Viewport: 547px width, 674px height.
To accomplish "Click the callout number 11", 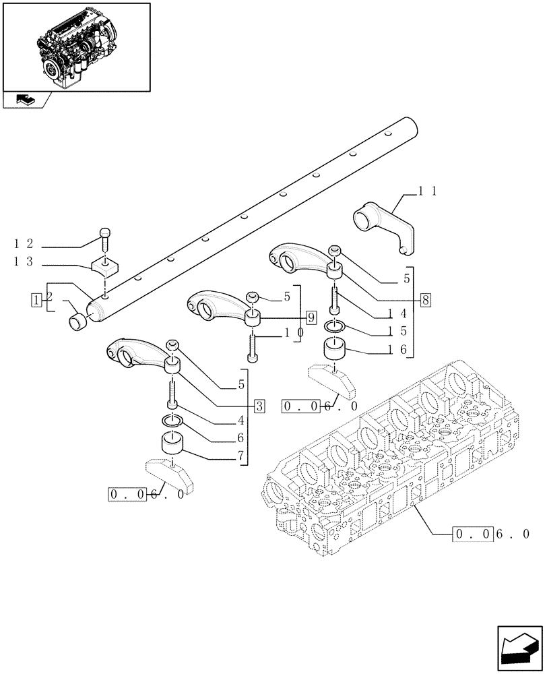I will tap(428, 192).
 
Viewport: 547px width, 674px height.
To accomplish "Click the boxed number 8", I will tap(424, 300).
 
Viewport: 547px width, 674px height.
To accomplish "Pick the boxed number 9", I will tap(310, 316).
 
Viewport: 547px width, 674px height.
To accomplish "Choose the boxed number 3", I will tap(259, 406).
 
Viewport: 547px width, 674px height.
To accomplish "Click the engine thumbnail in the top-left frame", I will tap(76, 46).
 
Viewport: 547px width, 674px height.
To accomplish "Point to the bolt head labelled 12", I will tap(104, 233).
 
